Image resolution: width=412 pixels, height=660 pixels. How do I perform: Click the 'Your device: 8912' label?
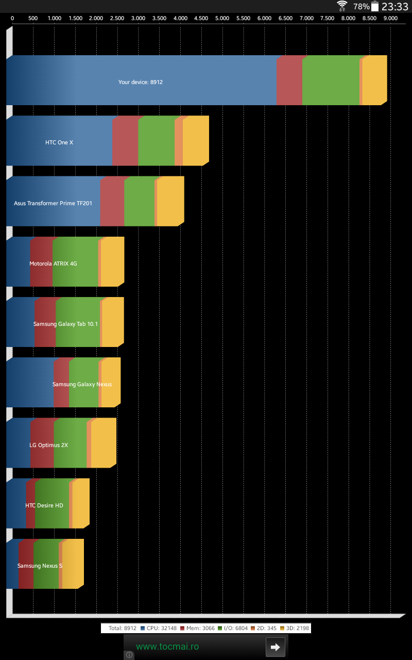pos(141,82)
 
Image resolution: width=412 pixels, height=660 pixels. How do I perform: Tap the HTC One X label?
pos(59,142)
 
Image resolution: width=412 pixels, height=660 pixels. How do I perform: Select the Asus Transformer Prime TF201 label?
pos(53,203)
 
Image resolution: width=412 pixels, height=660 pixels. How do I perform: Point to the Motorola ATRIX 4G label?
pos(53,263)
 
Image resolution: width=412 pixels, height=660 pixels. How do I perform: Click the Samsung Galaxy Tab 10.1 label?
pos(65,324)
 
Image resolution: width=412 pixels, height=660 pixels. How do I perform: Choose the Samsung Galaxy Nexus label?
pos(82,384)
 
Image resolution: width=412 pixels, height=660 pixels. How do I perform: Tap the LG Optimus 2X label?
pos(49,444)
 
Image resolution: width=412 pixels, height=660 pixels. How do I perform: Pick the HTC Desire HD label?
pos(44,505)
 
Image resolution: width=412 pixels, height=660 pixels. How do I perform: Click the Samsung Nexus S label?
pos(40,566)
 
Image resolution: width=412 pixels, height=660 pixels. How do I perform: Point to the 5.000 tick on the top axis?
pos(222,18)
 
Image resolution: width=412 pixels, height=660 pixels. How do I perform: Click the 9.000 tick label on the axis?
pos(390,18)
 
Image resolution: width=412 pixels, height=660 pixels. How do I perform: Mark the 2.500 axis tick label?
pos(117,18)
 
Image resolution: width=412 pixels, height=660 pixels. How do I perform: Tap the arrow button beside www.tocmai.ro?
pos(275,647)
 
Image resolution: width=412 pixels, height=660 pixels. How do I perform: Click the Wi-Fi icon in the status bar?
pos(342,6)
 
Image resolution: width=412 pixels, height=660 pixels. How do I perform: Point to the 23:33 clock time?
pos(394,7)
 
